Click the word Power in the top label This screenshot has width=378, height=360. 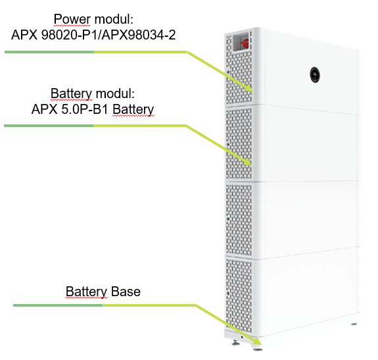click(72, 19)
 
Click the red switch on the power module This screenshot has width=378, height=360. click(244, 43)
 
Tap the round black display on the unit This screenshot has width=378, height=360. click(315, 75)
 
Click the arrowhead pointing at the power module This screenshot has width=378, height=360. click(248, 88)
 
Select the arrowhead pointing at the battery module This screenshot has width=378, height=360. click(248, 162)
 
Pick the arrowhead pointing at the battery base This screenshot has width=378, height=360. click(257, 342)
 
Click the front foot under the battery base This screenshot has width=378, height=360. click(258, 348)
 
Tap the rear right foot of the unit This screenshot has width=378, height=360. click(354, 324)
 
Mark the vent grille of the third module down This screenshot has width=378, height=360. click(238, 220)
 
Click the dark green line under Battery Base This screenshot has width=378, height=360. click(58, 305)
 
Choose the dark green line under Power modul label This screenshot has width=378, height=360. click(49, 52)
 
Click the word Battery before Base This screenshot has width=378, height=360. click(86, 292)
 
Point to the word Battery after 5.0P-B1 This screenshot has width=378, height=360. click(133, 109)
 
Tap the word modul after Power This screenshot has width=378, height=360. click(114, 19)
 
